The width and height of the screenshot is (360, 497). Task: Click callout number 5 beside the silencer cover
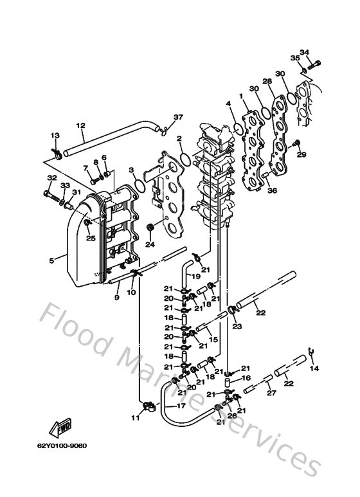[52, 260]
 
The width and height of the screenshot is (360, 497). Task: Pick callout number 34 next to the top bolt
[304, 52]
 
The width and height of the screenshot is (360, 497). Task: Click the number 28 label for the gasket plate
[267, 82]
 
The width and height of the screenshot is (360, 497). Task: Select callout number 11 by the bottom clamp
[135, 419]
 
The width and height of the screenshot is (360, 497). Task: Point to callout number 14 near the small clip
[314, 368]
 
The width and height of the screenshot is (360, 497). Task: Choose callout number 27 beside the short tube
[271, 393]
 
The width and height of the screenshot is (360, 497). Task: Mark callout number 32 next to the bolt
[51, 178]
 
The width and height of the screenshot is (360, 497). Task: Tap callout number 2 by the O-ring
[180, 138]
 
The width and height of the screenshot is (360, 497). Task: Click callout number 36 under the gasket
[273, 190]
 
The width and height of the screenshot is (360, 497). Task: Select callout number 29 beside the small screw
[301, 155]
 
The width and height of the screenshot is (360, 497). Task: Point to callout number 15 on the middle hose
[214, 339]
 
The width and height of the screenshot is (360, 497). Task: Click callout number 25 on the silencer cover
[91, 238]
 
